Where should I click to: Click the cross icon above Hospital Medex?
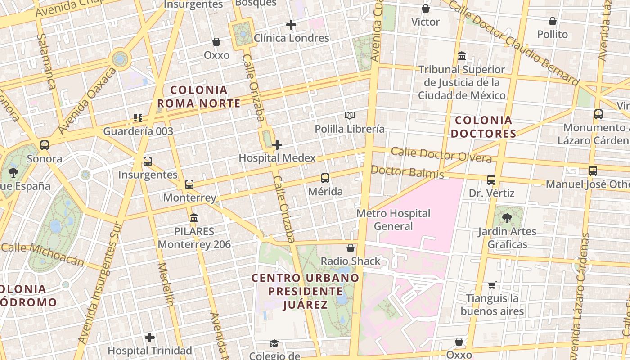(277, 145)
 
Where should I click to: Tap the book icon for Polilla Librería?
(350, 116)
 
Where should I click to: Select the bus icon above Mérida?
(325, 178)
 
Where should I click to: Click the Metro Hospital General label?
(393, 220)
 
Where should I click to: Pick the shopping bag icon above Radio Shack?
(351, 248)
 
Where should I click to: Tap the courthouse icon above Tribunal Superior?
(462, 56)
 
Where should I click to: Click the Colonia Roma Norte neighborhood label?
(198, 97)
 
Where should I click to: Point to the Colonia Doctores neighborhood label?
(484, 127)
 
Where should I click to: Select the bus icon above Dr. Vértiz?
(491, 180)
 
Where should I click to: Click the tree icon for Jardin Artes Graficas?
(507, 218)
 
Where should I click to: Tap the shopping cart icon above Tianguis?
(492, 285)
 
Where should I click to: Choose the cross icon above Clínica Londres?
(291, 25)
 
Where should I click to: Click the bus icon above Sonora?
(45, 145)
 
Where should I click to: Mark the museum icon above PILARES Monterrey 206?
(194, 218)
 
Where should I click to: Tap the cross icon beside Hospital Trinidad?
(150, 337)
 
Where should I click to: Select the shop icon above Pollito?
(553, 21)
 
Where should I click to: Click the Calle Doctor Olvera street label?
(441, 154)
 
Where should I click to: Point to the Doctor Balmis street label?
(407, 172)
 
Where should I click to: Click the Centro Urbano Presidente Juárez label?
(306, 291)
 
